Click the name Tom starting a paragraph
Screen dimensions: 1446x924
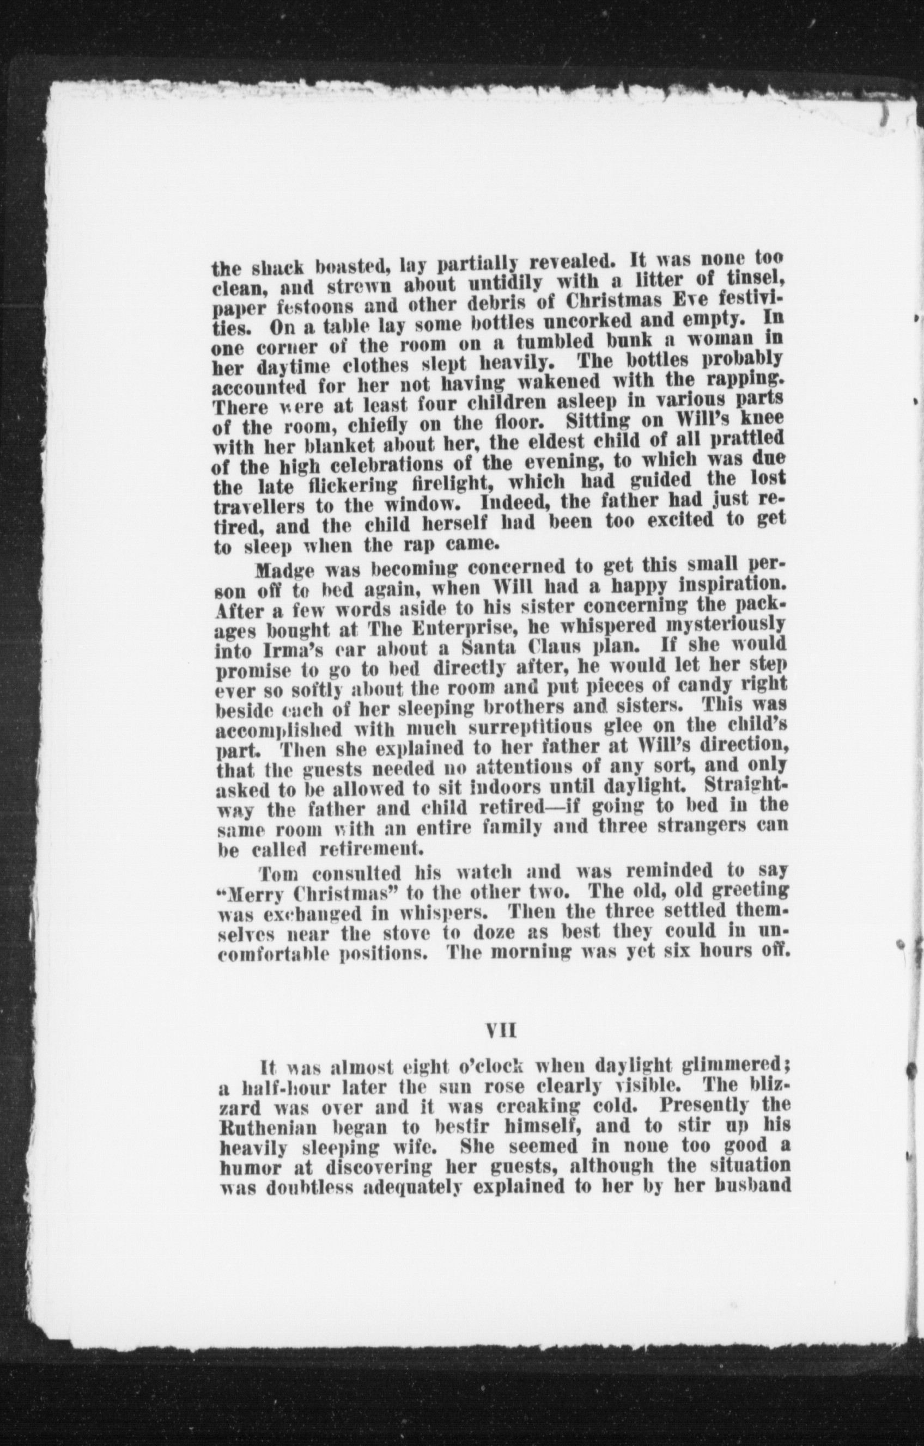click(x=276, y=871)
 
